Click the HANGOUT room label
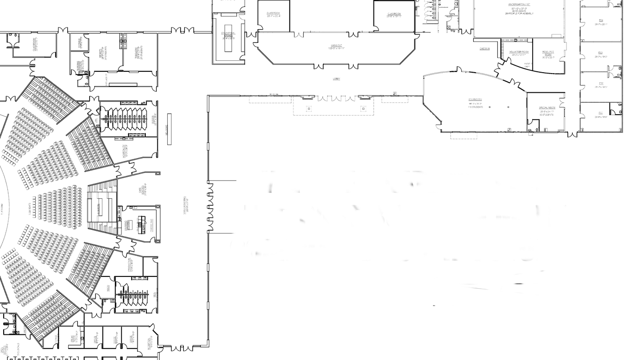336,46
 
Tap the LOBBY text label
336,79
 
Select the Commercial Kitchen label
228,35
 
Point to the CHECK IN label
485,48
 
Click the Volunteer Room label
519,53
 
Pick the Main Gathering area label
186,206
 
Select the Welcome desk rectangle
170,129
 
